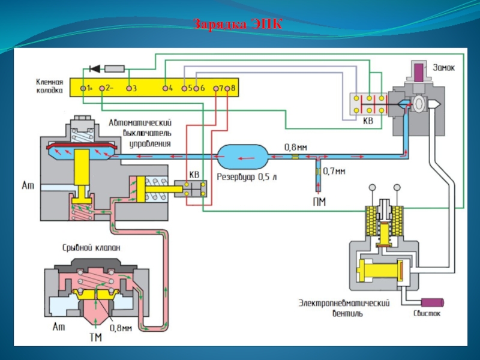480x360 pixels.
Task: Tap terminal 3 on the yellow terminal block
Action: click(128, 88)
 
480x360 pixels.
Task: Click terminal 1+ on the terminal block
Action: click(83, 88)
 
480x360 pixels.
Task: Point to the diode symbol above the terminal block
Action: click(94, 68)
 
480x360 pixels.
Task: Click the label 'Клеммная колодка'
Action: click(49, 88)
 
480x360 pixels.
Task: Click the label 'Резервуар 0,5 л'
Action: click(242, 178)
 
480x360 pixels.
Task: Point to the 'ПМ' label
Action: click(319, 202)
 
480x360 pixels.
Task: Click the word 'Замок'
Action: click(444, 67)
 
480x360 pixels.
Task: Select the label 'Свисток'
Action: click(427, 313)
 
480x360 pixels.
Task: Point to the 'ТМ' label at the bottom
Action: click(95, 338)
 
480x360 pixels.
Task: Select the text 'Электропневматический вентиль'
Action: click(345, 308)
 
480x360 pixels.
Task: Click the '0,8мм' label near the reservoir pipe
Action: click(296, 146)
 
